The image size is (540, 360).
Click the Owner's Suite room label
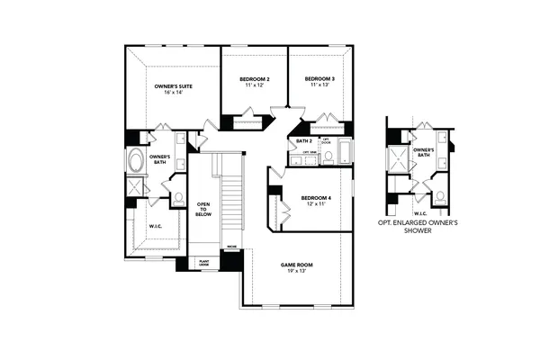pos(173,85)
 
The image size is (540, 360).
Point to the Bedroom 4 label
pos(316,197)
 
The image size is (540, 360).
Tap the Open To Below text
pos(203,211)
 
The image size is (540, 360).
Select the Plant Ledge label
pos(203,264)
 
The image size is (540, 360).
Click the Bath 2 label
pos(303,141)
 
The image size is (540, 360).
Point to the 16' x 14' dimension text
pos(173,93)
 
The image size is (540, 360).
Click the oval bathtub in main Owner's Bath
pos(136,163)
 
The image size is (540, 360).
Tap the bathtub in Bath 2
pos(346,151)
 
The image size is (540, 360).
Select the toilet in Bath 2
pos(328,157)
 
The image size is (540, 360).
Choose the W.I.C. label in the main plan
pos(154,226)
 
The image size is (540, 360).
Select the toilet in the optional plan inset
pos(440,195)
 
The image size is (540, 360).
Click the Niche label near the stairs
pos(231,246)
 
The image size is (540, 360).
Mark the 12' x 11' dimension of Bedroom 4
pos(316,204)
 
